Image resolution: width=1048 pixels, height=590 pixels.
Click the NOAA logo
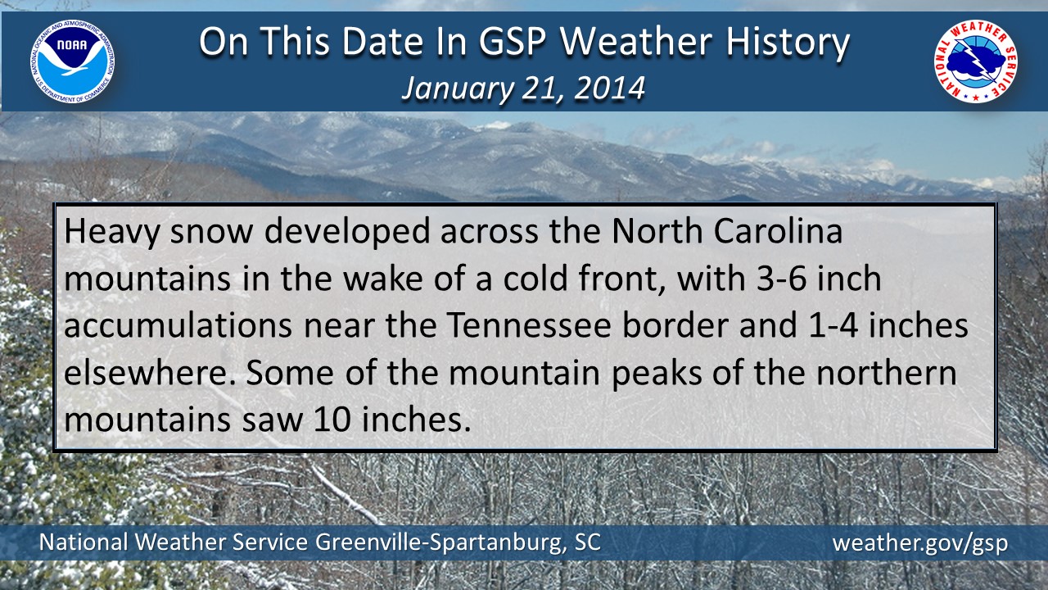[x=74, y=61]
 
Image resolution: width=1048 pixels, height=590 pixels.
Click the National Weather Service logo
[x=976, y=61]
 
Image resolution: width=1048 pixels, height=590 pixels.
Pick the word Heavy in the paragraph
[x=106, y=233]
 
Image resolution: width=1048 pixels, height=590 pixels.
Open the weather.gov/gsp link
[x=919, y=543]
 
